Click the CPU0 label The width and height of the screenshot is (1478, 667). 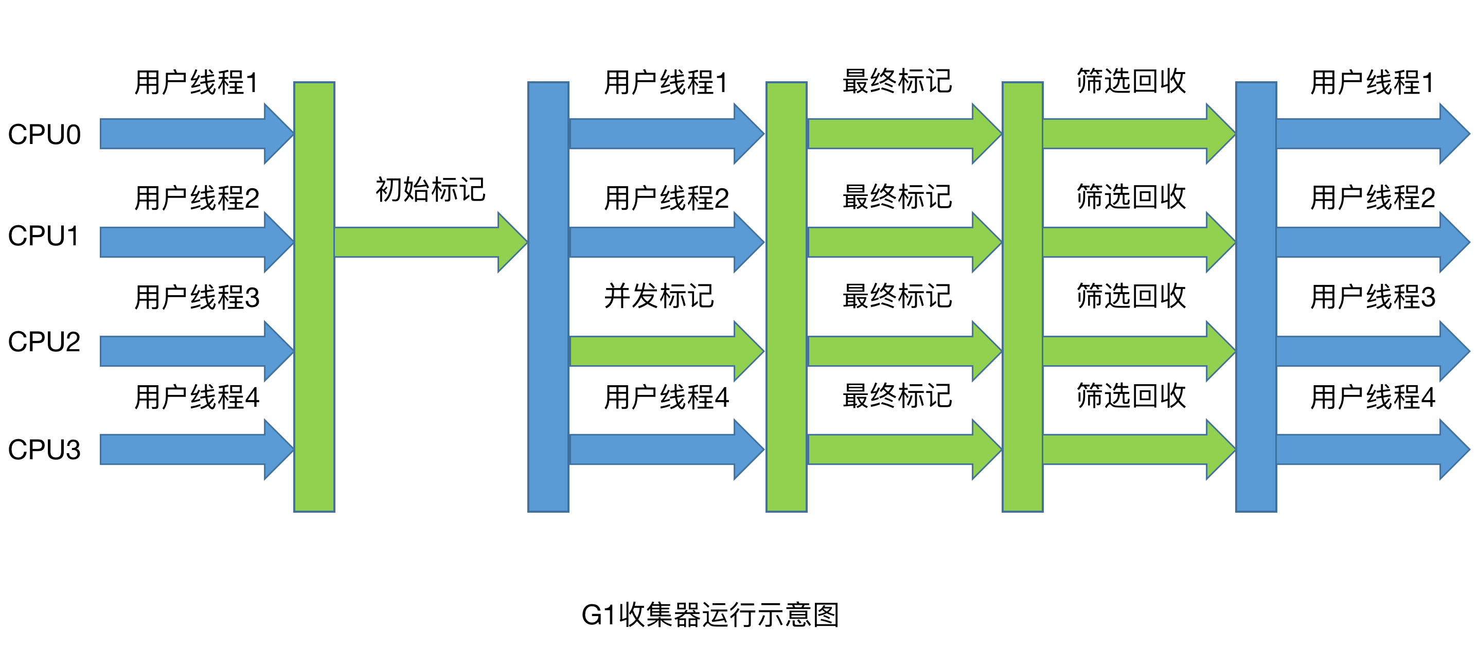point(44,135)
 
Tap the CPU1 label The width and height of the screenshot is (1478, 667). point(44,236)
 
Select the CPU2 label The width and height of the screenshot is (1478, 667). point(44,342)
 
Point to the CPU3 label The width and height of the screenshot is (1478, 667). point(44,449)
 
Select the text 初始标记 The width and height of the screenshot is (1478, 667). point(430,190)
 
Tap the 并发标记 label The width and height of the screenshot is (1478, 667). point(658,297)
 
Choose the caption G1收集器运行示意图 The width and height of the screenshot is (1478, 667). point(710,615)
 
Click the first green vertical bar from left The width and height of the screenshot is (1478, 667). point(314,297)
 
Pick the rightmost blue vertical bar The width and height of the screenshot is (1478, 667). point(1256,297)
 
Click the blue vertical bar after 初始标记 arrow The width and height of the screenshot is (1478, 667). point(548,297)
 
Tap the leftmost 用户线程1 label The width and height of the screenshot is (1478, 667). point(196,83)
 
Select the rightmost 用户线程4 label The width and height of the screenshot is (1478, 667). point(1373,397)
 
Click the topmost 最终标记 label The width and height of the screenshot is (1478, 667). point(897,81)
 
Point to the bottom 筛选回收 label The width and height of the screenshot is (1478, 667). point(1131,396)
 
